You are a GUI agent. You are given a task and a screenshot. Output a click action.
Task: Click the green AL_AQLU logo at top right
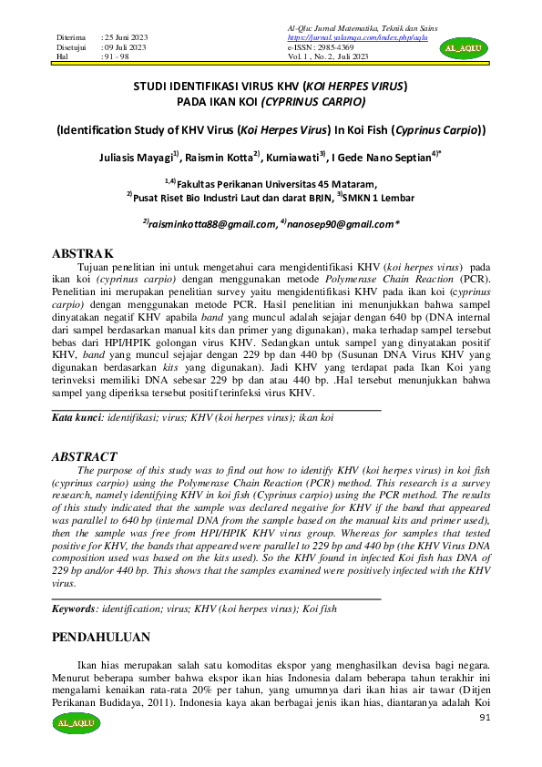click(x=464, y=47)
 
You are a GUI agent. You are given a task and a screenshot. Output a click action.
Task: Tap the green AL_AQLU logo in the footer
click(x=76, y=723)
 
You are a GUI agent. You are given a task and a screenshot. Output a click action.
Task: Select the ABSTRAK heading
click(x=83, y=251)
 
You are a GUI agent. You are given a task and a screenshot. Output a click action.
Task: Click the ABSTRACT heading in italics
click(x=84, y=456)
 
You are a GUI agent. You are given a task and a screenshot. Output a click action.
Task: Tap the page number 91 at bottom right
click(x=484, y=719)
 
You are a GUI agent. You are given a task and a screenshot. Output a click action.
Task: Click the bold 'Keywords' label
click(x=74, y=607)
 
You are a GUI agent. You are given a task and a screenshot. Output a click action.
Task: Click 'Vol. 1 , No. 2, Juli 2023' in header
click(x=328, y=56)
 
